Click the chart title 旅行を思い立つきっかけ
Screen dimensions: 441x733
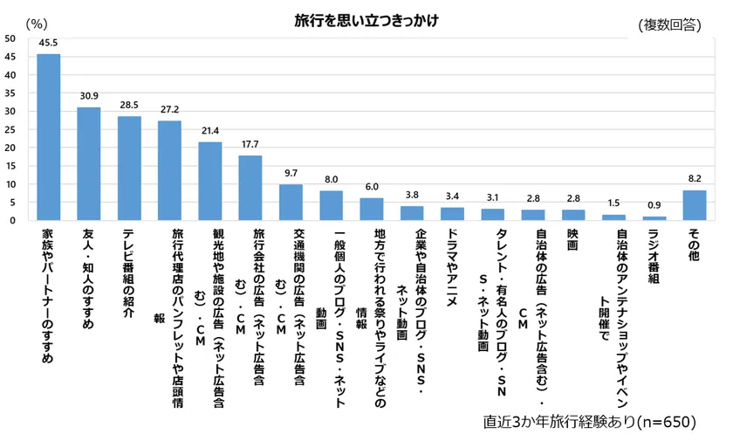tap(366, 19)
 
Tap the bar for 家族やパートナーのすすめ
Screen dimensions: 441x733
tap(48, 137)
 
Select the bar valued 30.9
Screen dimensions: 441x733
tap(88, 164)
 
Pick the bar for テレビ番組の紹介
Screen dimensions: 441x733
tap(129, 169)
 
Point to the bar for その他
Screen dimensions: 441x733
tap(695, 205)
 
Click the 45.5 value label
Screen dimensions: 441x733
tap(48, 43)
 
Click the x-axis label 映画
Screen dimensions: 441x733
tap(572, 241)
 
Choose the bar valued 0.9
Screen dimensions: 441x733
tap(654, 218)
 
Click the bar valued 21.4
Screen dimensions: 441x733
tap(209, 181)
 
